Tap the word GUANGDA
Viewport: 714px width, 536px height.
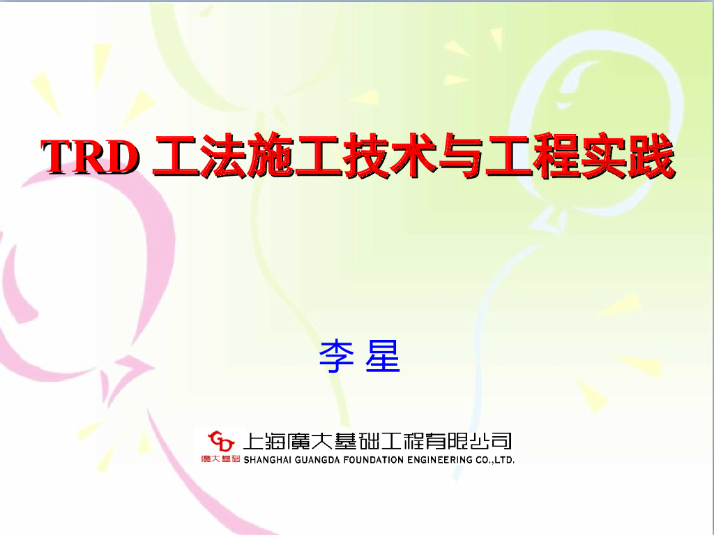321,460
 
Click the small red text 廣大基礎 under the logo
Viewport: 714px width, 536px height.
220,459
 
